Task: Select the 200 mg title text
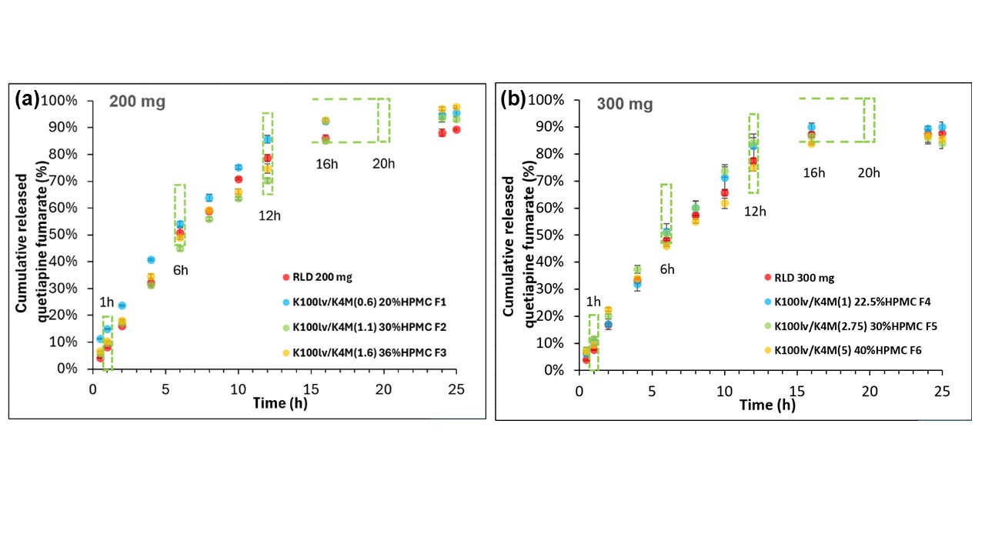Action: click(x=137, y=102)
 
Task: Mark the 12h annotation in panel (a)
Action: click(x=269, y=216)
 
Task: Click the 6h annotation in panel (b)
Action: click(x=666, y=269)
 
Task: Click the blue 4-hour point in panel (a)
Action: click(x=151, y=259)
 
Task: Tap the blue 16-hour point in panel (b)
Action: click(x=811, y=128)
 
